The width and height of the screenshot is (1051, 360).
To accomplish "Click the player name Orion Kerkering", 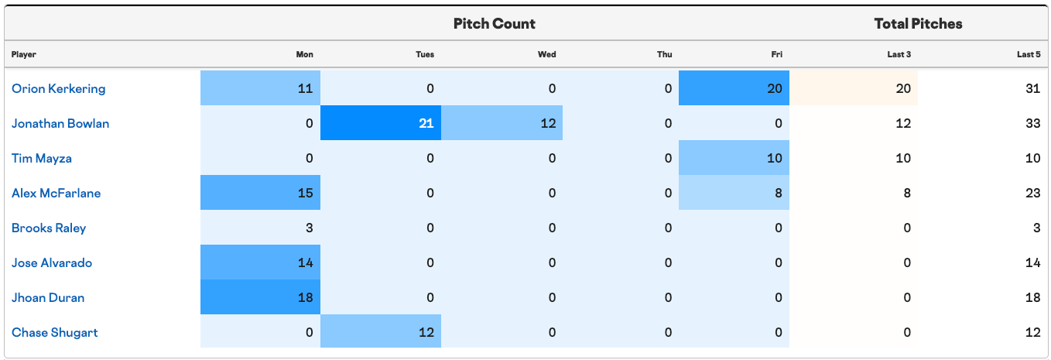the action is click(59, 89).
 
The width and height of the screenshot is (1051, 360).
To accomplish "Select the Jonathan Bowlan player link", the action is click(60, 123).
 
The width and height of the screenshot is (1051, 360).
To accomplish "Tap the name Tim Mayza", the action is click(42, 159).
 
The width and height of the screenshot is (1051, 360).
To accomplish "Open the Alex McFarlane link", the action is click(56, 193).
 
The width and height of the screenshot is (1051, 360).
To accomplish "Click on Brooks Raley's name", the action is click(49, 228).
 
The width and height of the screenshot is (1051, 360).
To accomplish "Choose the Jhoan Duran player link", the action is click(48, 297).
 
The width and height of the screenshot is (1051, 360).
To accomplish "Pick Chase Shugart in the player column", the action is click(55, 332).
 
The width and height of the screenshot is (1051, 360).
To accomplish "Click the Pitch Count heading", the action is click(494, 23).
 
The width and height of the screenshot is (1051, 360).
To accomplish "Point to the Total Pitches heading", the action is click(918, 23).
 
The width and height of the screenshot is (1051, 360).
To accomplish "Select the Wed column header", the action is click(546, 54).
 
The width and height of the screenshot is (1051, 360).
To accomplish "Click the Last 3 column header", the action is click(899, 54).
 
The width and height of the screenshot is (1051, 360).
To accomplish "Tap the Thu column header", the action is click(664, 54).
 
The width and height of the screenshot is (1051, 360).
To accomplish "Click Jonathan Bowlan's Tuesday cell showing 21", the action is click(381, 123).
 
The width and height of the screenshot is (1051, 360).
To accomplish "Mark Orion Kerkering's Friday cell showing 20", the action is click(734, 88).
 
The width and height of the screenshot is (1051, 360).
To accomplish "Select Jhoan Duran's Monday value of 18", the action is click(260, 297).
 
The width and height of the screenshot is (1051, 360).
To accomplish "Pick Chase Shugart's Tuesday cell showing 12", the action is click(381, 331).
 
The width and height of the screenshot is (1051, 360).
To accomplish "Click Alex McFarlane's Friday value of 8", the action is click(734, 193).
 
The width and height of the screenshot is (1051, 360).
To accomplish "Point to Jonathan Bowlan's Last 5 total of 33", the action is click(1033, 123).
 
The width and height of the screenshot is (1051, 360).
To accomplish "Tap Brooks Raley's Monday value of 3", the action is click(310, 228).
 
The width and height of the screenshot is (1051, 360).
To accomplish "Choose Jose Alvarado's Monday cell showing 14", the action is click(260, 262).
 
